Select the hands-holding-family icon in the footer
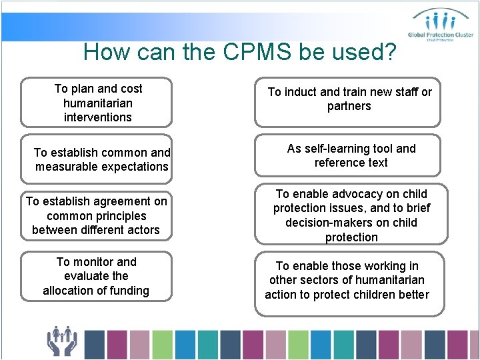62,341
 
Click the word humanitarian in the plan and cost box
97,103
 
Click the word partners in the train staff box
349,107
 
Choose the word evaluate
87,276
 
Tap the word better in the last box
413,295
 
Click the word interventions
97,117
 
